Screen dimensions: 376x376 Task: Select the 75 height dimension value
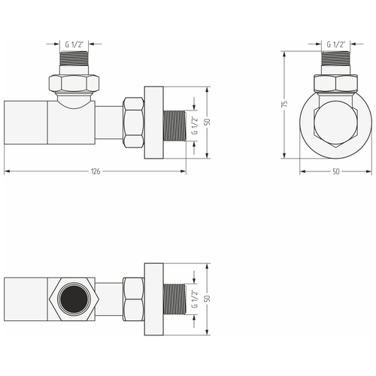(x=284, y=105)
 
